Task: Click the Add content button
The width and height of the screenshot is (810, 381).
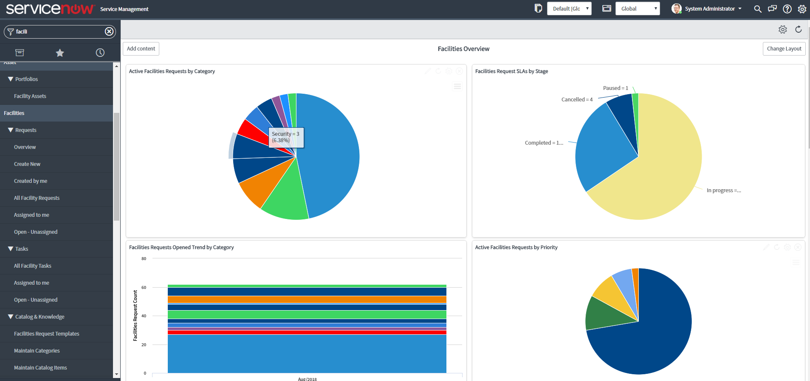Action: point(141,49)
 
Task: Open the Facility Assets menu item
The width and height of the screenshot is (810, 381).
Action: point(30,96)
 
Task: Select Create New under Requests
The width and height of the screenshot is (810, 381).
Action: point(27,164)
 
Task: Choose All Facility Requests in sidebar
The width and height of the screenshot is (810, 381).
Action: point(37,198)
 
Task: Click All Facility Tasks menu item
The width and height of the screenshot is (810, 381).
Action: point(33,266)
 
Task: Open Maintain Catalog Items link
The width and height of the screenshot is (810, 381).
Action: point(40,368)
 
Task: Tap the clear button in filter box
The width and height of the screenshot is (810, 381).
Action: point(109,31)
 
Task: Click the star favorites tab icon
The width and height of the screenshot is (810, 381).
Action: point(60,53)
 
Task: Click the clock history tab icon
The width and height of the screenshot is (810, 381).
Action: point(100,53)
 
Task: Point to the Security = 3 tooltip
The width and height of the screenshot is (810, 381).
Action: point(286,137)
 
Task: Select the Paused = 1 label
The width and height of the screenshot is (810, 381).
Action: point(615,88)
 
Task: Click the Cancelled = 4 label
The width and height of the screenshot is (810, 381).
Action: point(577,100)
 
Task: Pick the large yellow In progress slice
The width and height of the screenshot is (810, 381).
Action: point(663,170)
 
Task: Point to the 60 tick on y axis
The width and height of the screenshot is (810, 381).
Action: point(144,288)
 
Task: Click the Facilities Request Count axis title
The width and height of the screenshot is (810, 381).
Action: point(135,315)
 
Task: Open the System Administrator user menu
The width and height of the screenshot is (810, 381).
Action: point(709,9)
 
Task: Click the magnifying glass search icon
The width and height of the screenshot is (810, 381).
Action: point(757,9)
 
